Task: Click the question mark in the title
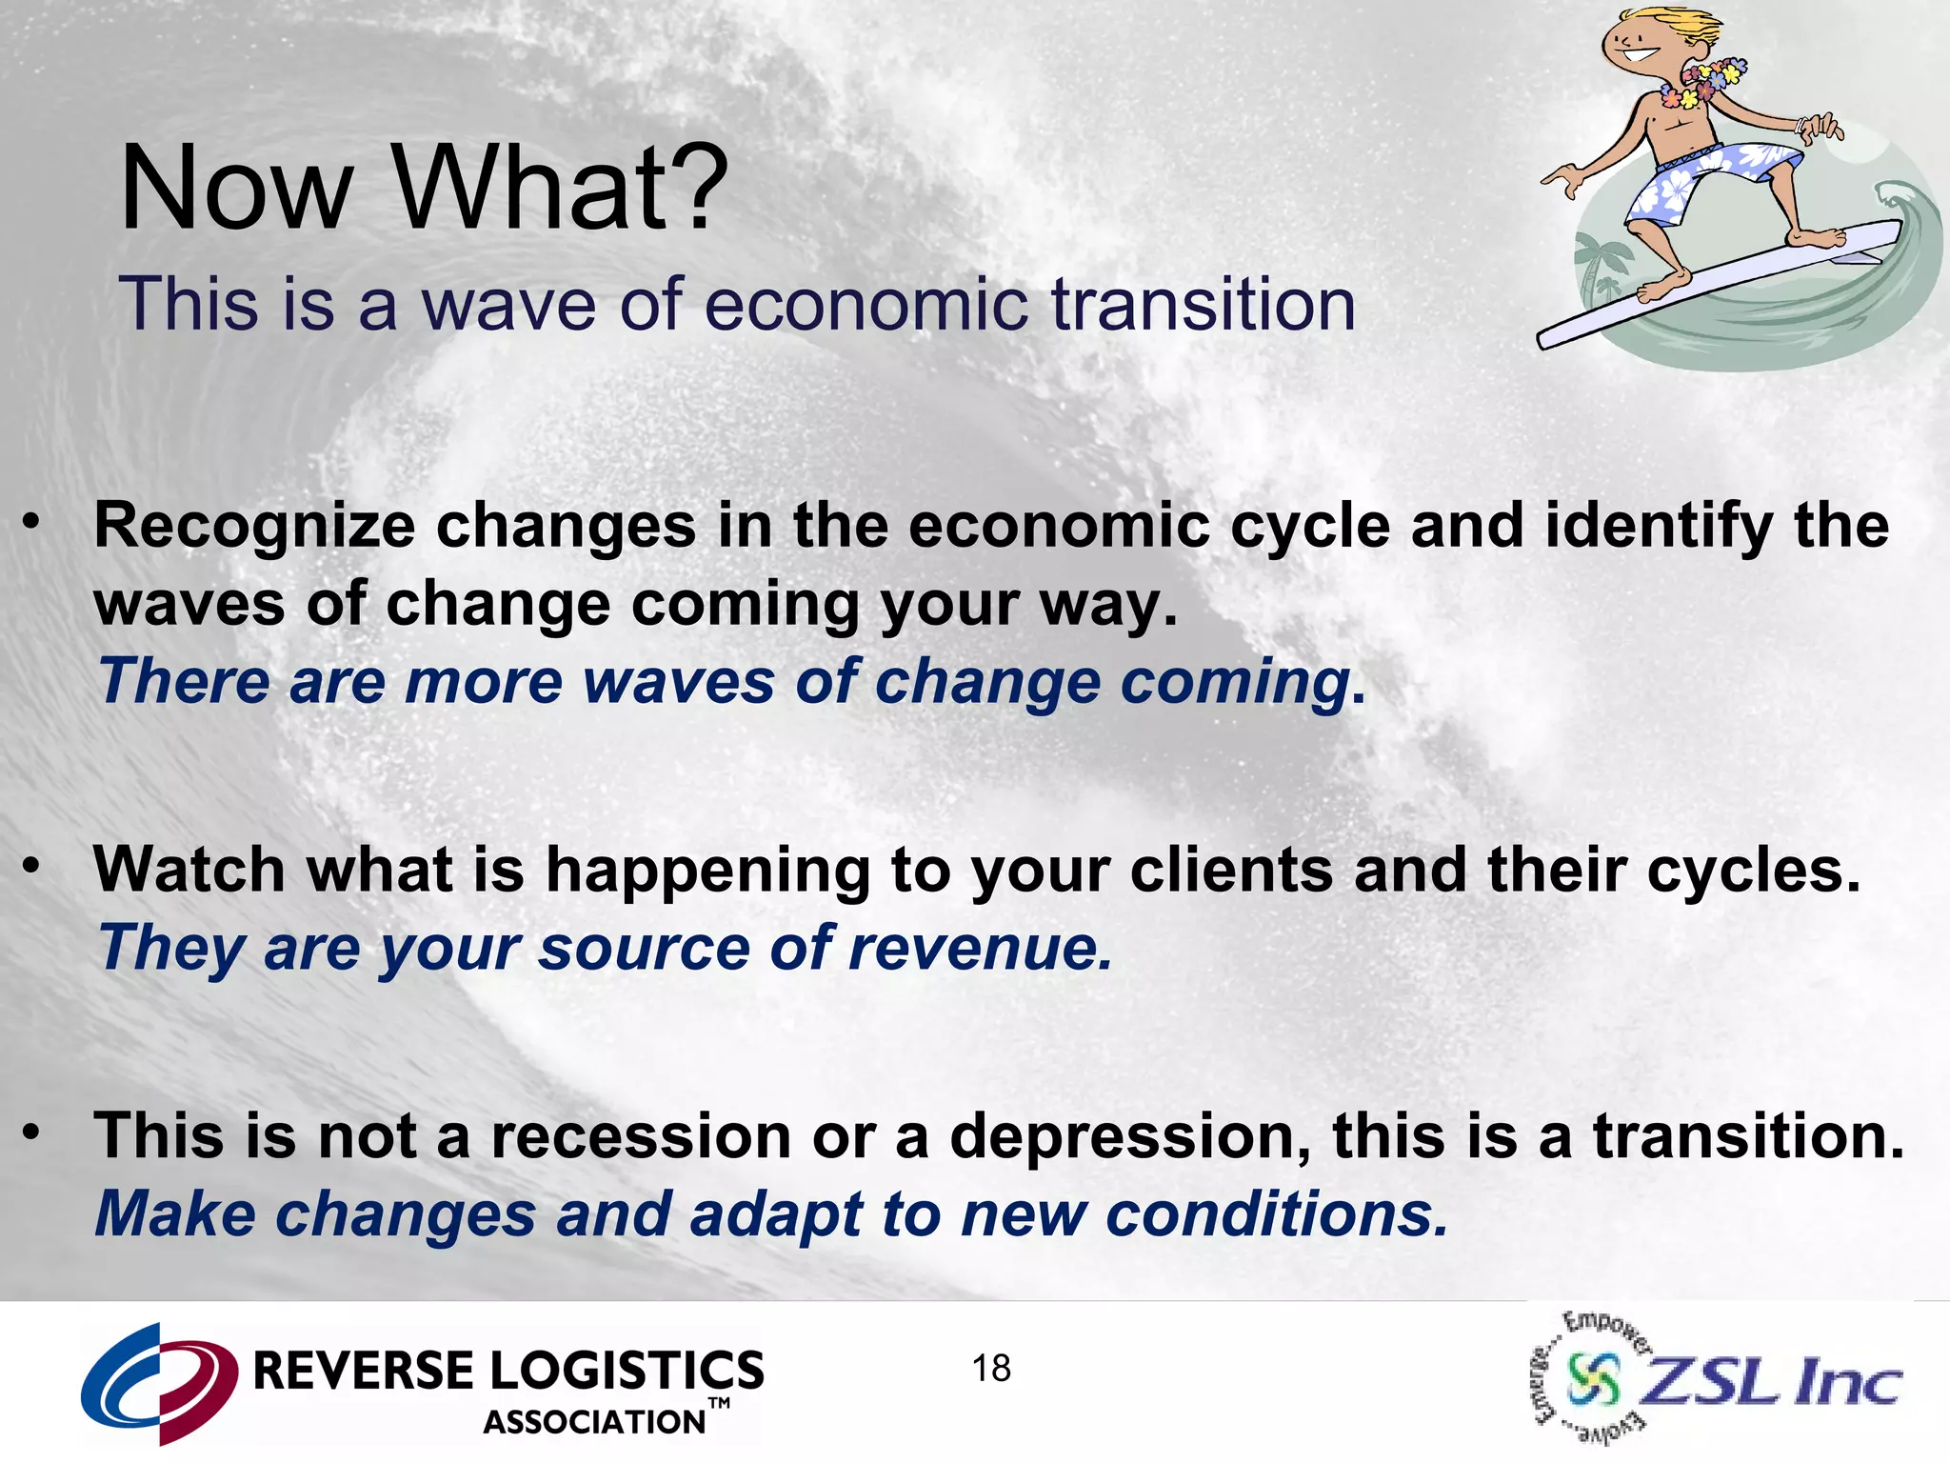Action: coord(692,188)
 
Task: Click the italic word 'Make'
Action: coord(174,1214)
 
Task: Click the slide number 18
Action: coord(991,1369)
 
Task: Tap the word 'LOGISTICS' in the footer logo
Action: coord(627,1372)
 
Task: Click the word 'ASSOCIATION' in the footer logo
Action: coord(595,1422)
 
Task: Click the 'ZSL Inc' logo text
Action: coord(1771,1380)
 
